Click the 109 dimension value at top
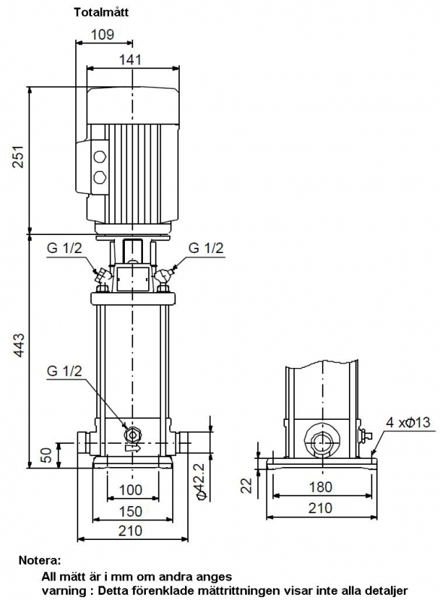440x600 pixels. [x=102, y=35]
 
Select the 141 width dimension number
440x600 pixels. [x=130, y=59]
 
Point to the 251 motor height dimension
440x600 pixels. [x=18, y=156]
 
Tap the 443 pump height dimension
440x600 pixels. [x=18, y=345]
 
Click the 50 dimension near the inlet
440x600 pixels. [x=46, y=455]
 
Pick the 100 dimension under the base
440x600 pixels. [x=130, y=490]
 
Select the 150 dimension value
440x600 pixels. [x=130, y=511]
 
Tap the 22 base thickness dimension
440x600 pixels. [x=247, y=485]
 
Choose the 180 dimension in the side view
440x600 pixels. [x=320, y=487]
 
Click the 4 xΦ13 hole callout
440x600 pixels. [x=408, y=422]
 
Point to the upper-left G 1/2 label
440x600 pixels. [x=65, y=248]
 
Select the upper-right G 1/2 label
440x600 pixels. [x=206, y=248]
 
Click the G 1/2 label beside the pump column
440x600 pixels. [x=65, y=371]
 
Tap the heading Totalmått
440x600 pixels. [x=102, y=12]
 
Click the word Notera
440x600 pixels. [x=40, y=561]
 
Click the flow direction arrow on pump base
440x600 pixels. [x=133, y=448]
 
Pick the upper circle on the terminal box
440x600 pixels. [x=99, y=157]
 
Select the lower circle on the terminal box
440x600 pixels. [x=99, y=177]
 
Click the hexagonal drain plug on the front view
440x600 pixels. [x=132, y=434]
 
